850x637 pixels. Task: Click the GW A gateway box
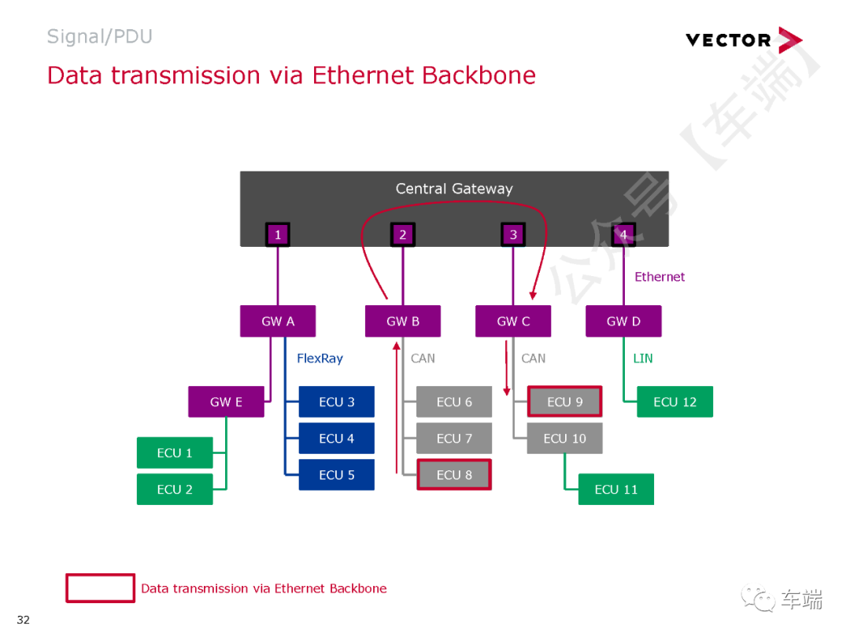(278, 321)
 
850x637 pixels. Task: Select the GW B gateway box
(403, 321)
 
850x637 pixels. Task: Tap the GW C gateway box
(513, 321)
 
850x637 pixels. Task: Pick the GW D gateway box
(623, 321)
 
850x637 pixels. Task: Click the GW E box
(226, 402)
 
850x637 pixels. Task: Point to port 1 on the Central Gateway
(277, 234)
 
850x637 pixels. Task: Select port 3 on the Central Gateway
(513, 234)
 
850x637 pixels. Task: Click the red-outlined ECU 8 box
(454, 475)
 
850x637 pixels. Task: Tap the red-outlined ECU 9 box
(564, 402)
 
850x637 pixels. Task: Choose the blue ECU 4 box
(336, 438)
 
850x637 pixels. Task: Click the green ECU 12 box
(674, 402)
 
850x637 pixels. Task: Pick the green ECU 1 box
(175, 453)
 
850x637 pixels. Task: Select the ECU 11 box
(616, 489)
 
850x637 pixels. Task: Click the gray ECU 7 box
(454, 438)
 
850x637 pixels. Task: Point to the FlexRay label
(320, 359)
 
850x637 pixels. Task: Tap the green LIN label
(643, 359)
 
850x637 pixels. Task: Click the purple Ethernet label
(660, 277)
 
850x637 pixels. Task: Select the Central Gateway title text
(454, 189)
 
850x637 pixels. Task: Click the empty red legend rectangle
(100, 588)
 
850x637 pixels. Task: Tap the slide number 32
(24, 620)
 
